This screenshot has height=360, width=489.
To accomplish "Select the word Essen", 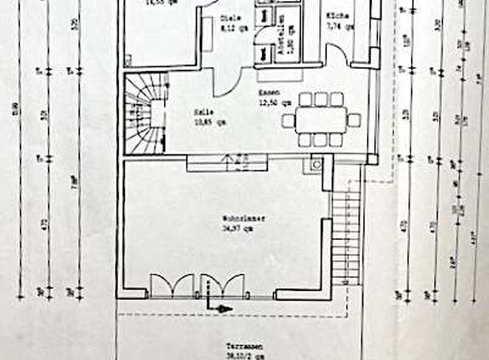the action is coord(266,94).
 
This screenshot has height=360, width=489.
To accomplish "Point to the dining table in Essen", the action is coord(321,120).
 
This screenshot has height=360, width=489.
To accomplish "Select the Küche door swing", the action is coord(336,54).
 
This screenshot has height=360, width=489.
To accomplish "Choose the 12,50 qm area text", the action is coord(275,103).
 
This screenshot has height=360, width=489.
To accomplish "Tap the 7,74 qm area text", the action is coord(340,26).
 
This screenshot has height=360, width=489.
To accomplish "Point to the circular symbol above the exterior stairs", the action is coord(316,164).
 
